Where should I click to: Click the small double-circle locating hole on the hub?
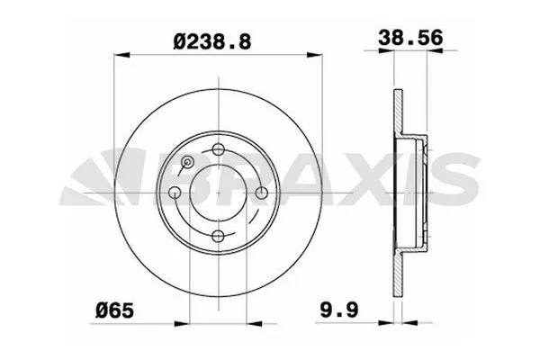click(x=187, y=162)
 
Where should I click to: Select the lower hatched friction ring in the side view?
click(x=399, y=270)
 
